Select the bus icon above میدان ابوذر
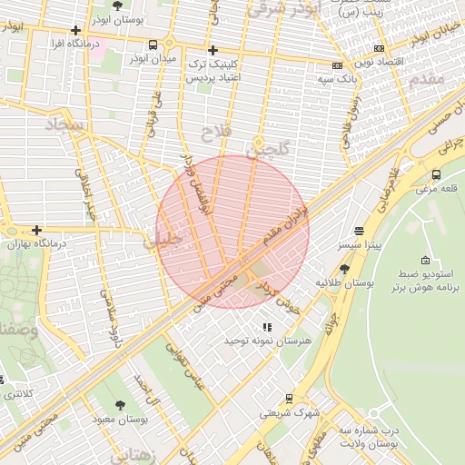(153, 44)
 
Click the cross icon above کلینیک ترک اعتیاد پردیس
(213, 50)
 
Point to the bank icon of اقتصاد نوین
(379, 48)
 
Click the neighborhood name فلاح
(221, 133)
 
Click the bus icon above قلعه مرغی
(437, 174)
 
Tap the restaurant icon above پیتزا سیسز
(359, 232)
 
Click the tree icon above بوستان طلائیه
(344, 269)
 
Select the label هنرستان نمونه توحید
(268, 340)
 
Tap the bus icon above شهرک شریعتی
(289, 398)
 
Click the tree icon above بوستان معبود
(120, 405)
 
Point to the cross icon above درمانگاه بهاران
(36, 231)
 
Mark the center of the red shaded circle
(232, 232)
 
